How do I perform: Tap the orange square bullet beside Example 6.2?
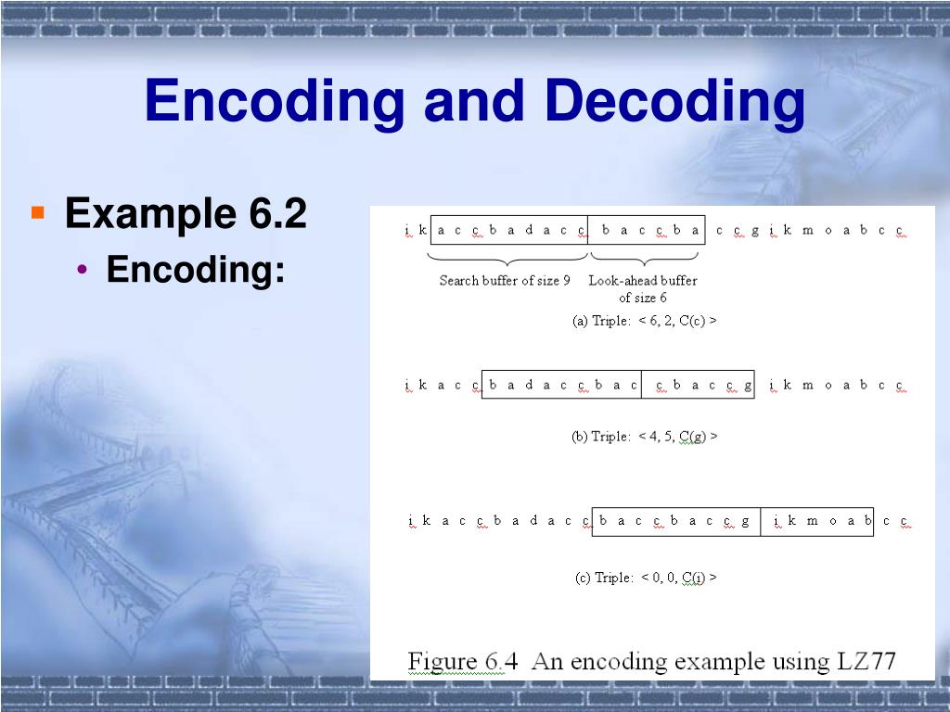(x=38, y=213)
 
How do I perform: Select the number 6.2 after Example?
(x=277, y=214)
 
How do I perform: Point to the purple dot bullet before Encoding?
(x=84, y=270)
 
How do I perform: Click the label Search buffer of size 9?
(x=505, y=280)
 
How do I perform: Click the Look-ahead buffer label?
(x=642, y=280)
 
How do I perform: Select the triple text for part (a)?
(x=645, y=321)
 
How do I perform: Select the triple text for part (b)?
(x=645, y=436)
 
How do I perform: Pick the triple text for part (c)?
(x=646, y=578)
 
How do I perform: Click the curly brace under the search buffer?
(x=507, y=257)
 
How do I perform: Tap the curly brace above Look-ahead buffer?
(x=647, y=257)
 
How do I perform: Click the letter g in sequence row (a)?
(x=754, y=230)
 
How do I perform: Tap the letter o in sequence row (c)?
(x=832, y=521)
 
